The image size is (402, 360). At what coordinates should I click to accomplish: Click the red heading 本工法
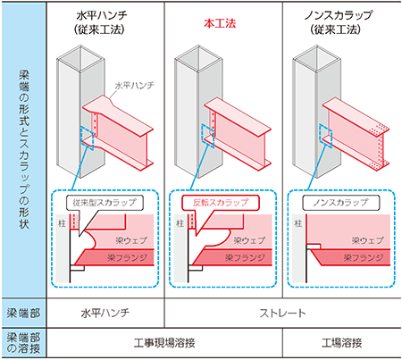click(220, 23)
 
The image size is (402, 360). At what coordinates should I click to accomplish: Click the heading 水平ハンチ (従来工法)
click(102, 22)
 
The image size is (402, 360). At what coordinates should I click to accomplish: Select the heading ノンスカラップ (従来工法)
click(338, 22)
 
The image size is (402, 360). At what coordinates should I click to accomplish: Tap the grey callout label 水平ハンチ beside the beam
click(135, 86)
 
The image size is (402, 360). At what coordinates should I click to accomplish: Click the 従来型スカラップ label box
click(105, 203)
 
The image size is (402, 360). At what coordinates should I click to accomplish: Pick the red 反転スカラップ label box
click(221, 203)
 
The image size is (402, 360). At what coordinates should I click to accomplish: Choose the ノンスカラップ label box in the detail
click(341, 203)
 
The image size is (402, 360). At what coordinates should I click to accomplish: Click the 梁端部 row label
click(23, 314)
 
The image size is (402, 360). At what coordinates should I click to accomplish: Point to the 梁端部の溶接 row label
click(23, 343)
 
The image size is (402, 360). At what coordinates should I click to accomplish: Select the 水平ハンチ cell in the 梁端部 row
click(105, 314)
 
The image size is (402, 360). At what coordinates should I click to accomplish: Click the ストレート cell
click(282, 314)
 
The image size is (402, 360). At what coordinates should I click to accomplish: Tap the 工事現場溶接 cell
click(164, 343)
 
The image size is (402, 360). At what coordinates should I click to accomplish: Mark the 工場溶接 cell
click(342, 343)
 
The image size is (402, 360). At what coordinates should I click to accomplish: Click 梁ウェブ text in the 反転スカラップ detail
click(249, 240)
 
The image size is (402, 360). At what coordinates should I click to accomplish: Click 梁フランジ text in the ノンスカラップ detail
click(364, 257)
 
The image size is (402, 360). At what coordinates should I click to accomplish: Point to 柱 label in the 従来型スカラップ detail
click(62, 223)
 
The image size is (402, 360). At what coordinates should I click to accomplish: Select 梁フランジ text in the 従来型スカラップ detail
click(127, 257)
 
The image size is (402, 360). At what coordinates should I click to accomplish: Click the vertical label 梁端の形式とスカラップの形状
click(24, 149)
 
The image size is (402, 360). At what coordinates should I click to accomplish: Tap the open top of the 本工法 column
click(198, 59)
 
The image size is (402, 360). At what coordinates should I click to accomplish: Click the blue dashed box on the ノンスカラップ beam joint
click(326, 135)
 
